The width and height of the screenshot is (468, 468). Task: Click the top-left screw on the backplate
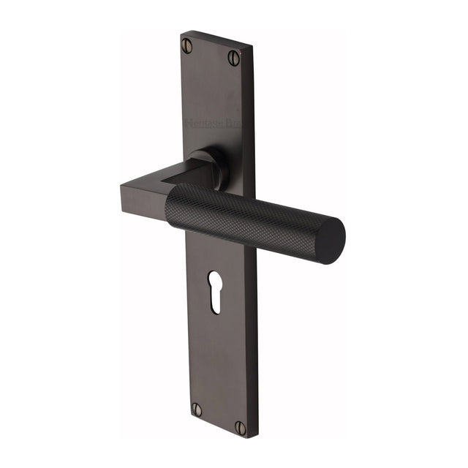(186, 47)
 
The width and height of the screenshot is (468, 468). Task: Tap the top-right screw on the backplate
(233, 57)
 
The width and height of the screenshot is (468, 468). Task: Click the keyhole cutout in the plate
(214, 292)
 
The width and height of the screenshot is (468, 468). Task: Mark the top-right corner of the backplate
(253, 45)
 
